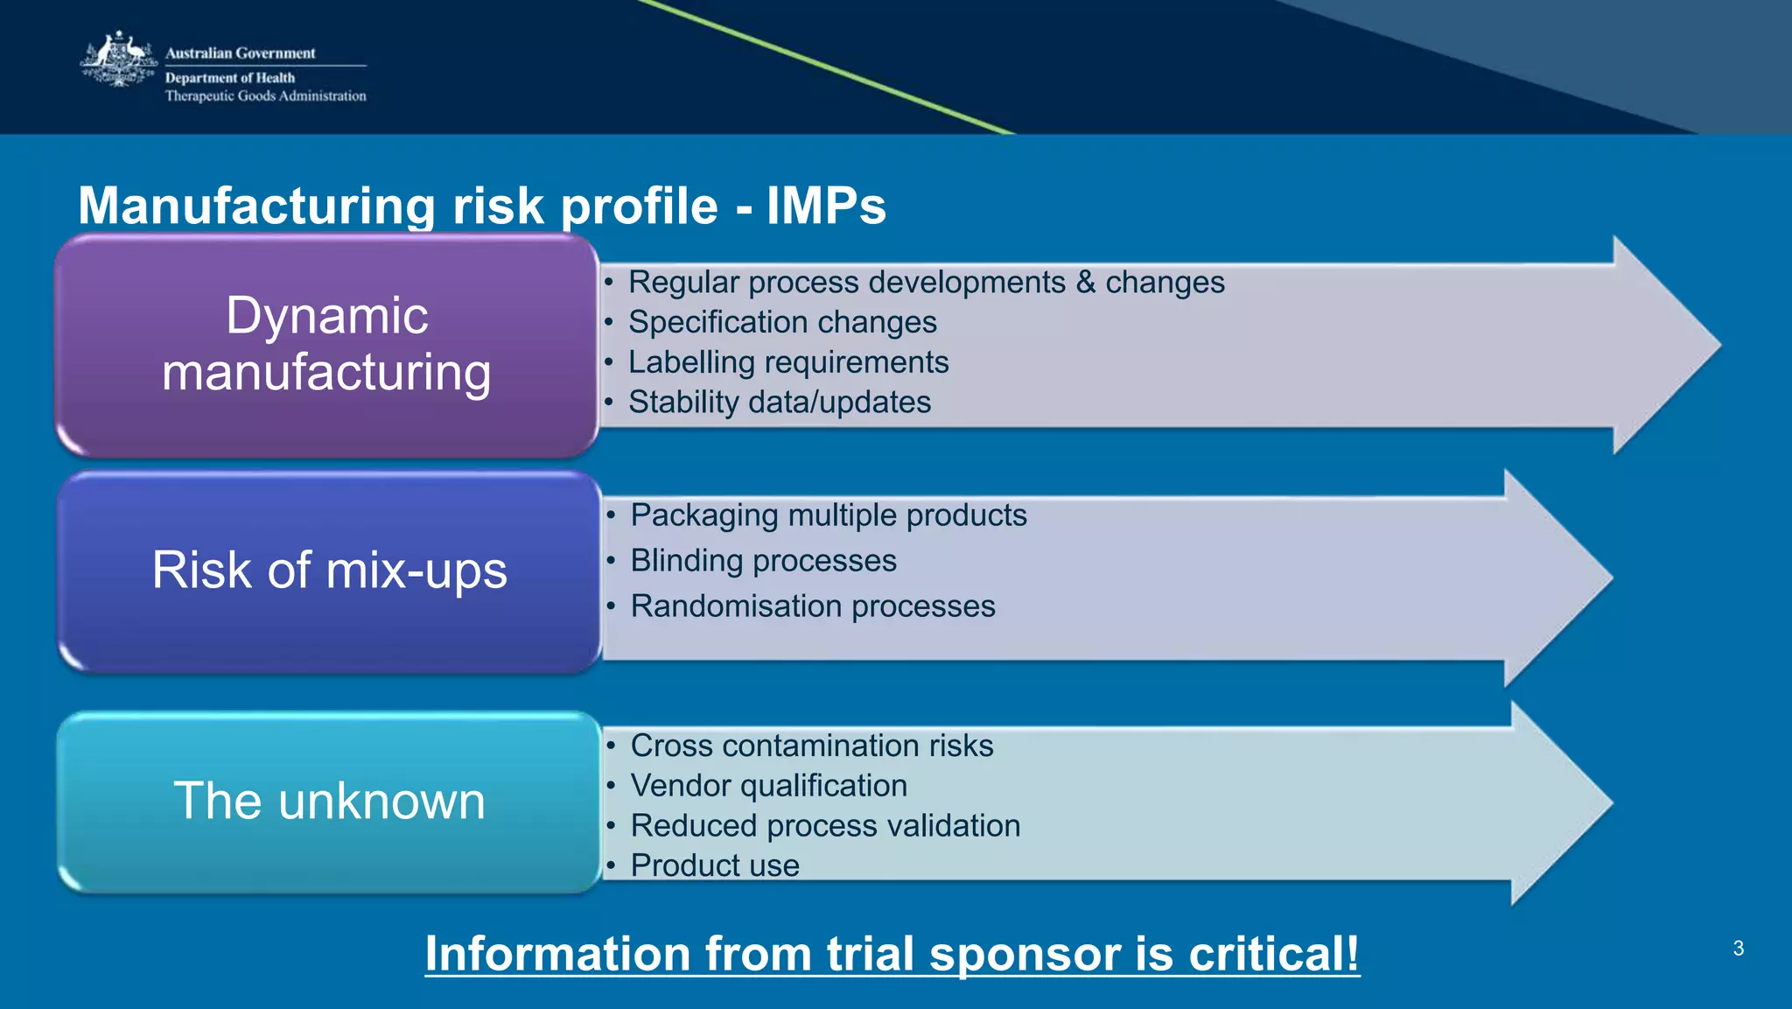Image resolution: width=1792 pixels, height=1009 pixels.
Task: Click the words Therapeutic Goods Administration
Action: point(265,96)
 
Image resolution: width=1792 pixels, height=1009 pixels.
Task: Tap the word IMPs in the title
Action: point(826,206)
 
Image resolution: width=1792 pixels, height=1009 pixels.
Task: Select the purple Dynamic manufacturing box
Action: point(327,345)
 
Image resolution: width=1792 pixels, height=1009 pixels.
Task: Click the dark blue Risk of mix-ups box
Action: point(329,571)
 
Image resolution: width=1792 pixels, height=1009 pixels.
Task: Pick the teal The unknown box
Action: point(329,802)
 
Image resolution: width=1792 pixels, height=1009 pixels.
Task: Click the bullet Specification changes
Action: point(782,322)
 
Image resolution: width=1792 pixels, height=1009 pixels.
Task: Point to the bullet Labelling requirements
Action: point(787,362)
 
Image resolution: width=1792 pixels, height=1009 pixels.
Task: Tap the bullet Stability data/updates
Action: point(779,403)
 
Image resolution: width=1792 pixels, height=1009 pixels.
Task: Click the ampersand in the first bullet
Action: point(1086,283)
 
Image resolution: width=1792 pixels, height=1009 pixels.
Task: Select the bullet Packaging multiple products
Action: point(828,515)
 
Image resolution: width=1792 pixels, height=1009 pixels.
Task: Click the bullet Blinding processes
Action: point(763,561)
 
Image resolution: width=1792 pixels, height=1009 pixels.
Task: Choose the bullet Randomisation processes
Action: point(812,606)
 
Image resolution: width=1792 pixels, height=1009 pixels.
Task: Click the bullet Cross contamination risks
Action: point(811,746)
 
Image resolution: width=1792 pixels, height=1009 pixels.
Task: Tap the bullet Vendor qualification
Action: point(768,786)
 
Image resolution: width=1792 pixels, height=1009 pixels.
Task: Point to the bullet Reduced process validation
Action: point(825,826)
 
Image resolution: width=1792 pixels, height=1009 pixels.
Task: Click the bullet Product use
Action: point(714,865)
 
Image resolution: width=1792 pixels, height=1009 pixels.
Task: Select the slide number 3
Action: point(1738,949)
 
